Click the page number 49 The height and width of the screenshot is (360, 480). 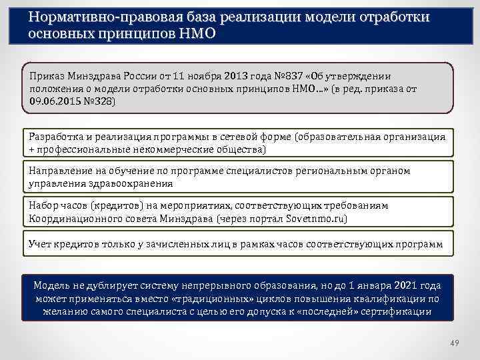(x=455, y=343)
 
